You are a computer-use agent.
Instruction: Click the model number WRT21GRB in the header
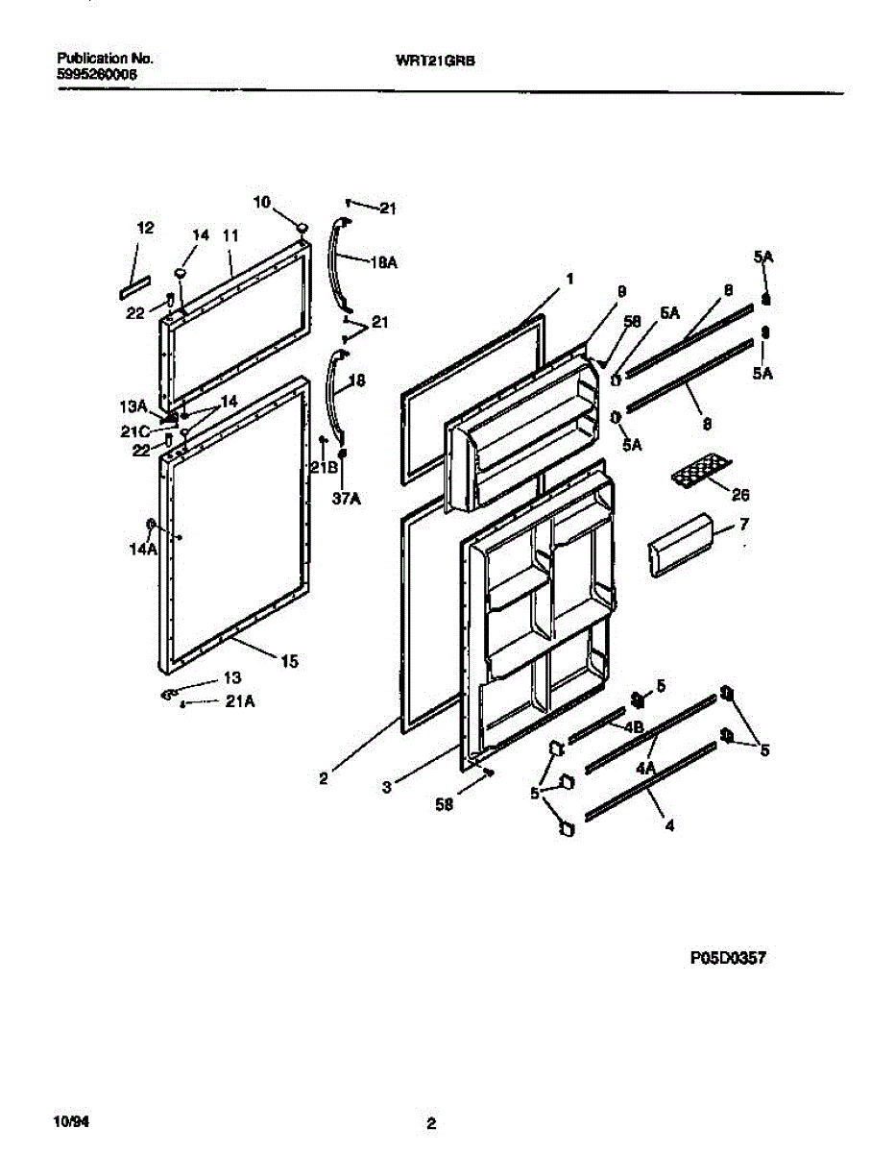point(436,59)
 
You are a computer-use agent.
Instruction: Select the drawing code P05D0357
point(727,958)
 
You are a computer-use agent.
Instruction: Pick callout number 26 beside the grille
point(739,495)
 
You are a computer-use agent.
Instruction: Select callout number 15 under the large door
point(289,660)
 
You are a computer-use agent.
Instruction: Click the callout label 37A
point(342,498)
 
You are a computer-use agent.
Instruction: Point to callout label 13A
point(133,406)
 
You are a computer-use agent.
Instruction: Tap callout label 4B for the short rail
point(633,727)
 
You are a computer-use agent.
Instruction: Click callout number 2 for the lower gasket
point(324,779)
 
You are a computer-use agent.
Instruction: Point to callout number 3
point(386,786)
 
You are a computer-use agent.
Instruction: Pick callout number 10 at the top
point(262,202)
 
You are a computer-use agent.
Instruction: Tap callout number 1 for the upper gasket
point(569,279)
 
